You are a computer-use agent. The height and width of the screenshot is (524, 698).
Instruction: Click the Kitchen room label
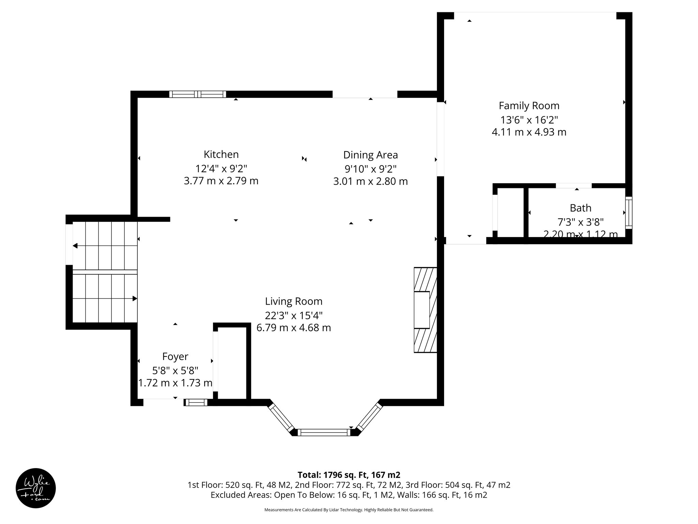pos(221,155)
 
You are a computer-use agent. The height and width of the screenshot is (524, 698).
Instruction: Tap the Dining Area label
pos(370,155)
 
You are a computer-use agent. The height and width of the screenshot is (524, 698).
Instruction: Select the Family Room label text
pos(529,106)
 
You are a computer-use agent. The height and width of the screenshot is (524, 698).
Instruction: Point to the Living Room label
pos(293,302)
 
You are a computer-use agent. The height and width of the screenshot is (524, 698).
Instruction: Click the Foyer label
pos(175,356)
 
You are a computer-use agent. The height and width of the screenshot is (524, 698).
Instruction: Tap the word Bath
pos(580,208)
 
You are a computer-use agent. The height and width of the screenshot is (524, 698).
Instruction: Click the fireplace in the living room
pos(425,310)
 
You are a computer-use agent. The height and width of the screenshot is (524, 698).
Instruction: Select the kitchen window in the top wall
pos(198,94)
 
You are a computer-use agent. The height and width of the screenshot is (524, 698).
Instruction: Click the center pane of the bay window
pos(324,433)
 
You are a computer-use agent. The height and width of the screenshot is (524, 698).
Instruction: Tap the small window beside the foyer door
pos(196,403)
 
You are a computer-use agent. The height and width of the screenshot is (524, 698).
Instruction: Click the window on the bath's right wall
pos(629,213)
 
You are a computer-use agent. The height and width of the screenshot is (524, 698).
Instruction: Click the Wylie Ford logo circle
pos(36,488)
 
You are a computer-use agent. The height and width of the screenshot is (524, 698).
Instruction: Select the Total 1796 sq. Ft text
pos(349,475)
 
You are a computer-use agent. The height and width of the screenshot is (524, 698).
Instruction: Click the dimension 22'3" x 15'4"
pos(293,315)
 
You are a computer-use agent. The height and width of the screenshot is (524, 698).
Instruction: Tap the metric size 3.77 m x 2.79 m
pos(221,181)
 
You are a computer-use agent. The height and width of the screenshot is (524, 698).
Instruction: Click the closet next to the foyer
pos(232,362)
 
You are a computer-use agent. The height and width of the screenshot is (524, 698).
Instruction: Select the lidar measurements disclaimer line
pos(349,510)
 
